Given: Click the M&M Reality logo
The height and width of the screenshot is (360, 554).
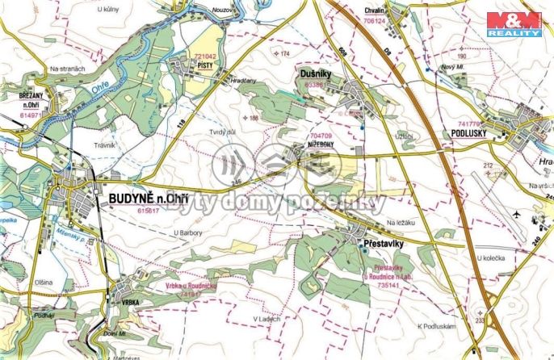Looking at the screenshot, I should point(517,23).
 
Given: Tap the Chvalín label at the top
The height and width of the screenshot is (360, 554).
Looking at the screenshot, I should point(375,12).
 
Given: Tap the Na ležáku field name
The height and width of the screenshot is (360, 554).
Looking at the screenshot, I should point(400,222).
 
